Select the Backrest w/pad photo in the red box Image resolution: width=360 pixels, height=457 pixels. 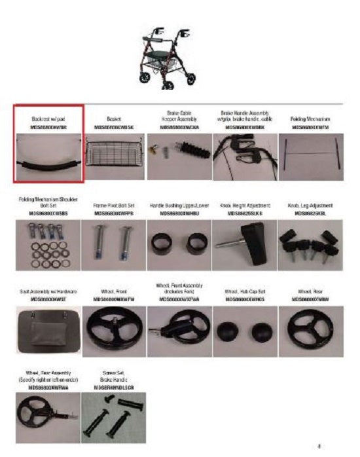(x=48, y=155)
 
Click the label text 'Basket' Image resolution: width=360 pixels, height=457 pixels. (x=114, y=120)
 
